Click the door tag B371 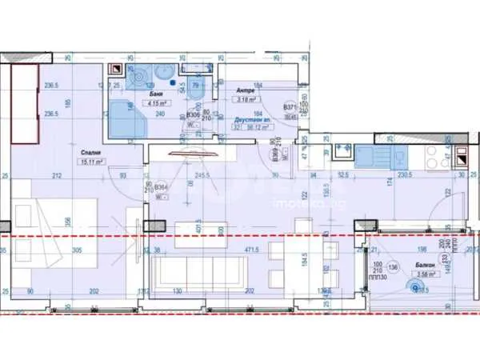[289, 106]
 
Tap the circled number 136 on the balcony [391, 267]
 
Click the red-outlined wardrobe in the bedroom [25, 104]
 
